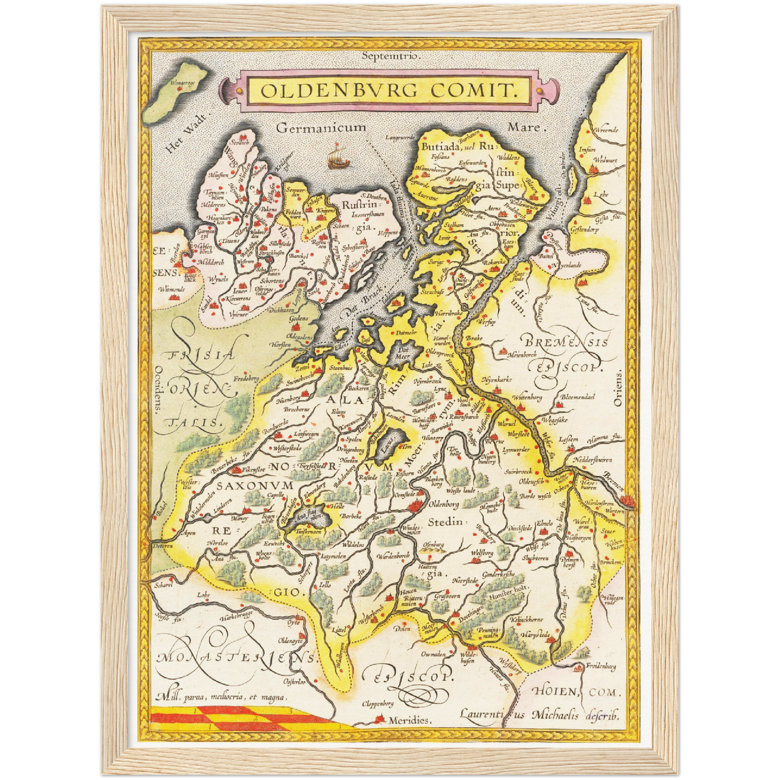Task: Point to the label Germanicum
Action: [321, 128]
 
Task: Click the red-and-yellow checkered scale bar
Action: [238, 717]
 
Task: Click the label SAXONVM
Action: [255, 485]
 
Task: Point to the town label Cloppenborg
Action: [378, 703]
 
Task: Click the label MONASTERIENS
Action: [236, 657]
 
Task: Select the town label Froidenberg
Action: [601, 667]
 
